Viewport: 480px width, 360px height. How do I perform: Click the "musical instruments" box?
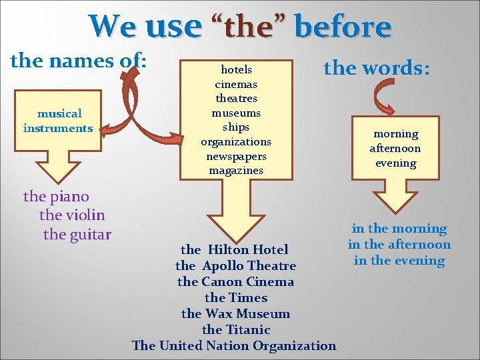click(58, 121)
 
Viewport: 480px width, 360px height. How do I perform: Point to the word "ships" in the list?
click(236, 127)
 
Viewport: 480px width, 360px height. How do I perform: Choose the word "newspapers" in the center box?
click(236, 156)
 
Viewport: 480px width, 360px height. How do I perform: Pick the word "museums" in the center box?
click(236, 113)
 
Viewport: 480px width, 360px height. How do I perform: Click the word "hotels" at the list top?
click(236, 69)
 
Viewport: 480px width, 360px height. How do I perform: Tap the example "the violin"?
click(72, 215)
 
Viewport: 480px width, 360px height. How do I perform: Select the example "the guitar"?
click(77, 234)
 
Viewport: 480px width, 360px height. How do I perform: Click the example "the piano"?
click(56, 196)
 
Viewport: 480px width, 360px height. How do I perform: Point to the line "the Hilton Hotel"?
click(235, 249)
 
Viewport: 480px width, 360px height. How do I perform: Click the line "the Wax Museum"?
click(235, 313)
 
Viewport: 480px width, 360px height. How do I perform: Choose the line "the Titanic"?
click(236, 329)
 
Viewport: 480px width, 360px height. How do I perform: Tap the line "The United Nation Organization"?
click(234, 345)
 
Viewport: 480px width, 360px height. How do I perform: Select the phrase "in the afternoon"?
click(399, 245)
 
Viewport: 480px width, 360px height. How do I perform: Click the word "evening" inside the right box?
click(395, 163)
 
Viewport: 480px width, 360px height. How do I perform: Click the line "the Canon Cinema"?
click(235, 281)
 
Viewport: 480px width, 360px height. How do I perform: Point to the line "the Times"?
click(236, 297)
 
